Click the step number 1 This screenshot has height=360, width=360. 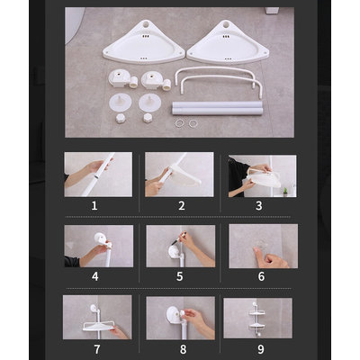tap(94, 206)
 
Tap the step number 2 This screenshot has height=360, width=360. tap(181, 206)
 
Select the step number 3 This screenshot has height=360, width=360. tap(259, 206)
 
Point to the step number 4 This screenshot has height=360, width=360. tap(95, 276)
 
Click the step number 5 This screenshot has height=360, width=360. tap(179, 276)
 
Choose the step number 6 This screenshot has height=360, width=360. tap(261, 276)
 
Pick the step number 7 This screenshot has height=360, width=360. tap(97, 349)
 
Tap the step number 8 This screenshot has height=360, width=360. tap(183, 349)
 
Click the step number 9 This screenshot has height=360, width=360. tap(261, 349)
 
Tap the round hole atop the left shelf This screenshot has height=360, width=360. tap(146, 24)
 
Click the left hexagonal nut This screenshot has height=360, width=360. tap(121, 118)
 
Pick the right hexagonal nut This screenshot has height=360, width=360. tap(148, 118)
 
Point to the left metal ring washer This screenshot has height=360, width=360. tap(179, 123)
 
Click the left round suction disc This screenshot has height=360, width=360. tap(121, 103)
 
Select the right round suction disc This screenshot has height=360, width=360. tap(150, 103)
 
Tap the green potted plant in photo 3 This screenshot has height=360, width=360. tap(285, 192)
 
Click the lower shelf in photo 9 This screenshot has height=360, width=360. tap(257, 327)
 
